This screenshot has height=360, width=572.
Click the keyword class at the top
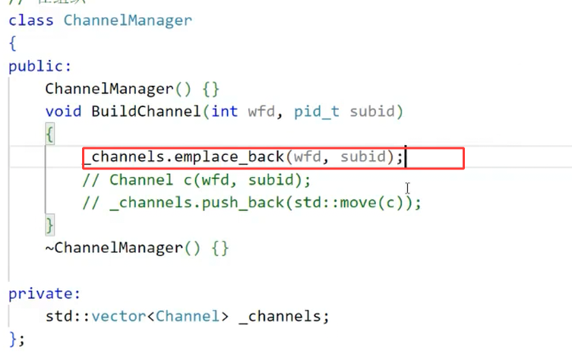pos(31,20)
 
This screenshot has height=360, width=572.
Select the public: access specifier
pos(40,66)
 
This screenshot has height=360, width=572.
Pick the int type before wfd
pos(224,112)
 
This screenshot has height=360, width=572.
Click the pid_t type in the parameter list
pos(318,112)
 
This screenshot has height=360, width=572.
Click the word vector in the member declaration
pos(124,316)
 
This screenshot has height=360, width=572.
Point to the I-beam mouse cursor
pos(408,188)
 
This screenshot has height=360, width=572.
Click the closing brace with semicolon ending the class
pos(17,338)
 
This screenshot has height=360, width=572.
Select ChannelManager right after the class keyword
pos(128,20)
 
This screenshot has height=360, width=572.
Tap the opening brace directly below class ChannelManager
pos(13,43)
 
